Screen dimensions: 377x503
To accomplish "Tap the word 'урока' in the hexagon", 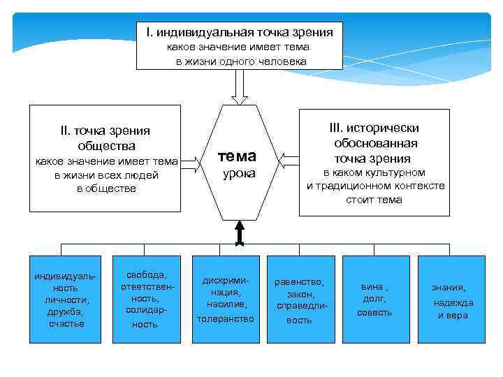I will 239,173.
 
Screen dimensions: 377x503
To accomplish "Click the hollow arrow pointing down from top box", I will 239,87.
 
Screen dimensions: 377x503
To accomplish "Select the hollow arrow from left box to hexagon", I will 195,163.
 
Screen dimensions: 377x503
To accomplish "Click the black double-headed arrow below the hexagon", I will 240,233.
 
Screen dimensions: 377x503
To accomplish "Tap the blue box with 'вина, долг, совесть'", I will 374,299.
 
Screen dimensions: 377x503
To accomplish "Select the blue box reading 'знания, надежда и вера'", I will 451,299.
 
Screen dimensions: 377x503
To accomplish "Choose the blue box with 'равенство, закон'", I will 299,299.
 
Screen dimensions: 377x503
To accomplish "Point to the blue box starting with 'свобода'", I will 145,299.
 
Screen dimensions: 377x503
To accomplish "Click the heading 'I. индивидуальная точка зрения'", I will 239,32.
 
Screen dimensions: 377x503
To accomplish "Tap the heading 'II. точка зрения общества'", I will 106,138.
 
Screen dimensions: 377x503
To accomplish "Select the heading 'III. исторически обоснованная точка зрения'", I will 375,143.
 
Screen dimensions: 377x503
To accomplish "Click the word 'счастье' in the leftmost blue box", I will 66,323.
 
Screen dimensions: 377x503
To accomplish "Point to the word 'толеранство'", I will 226,318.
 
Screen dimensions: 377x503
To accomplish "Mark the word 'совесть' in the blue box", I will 374,312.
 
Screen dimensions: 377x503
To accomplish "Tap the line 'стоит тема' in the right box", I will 374,200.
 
